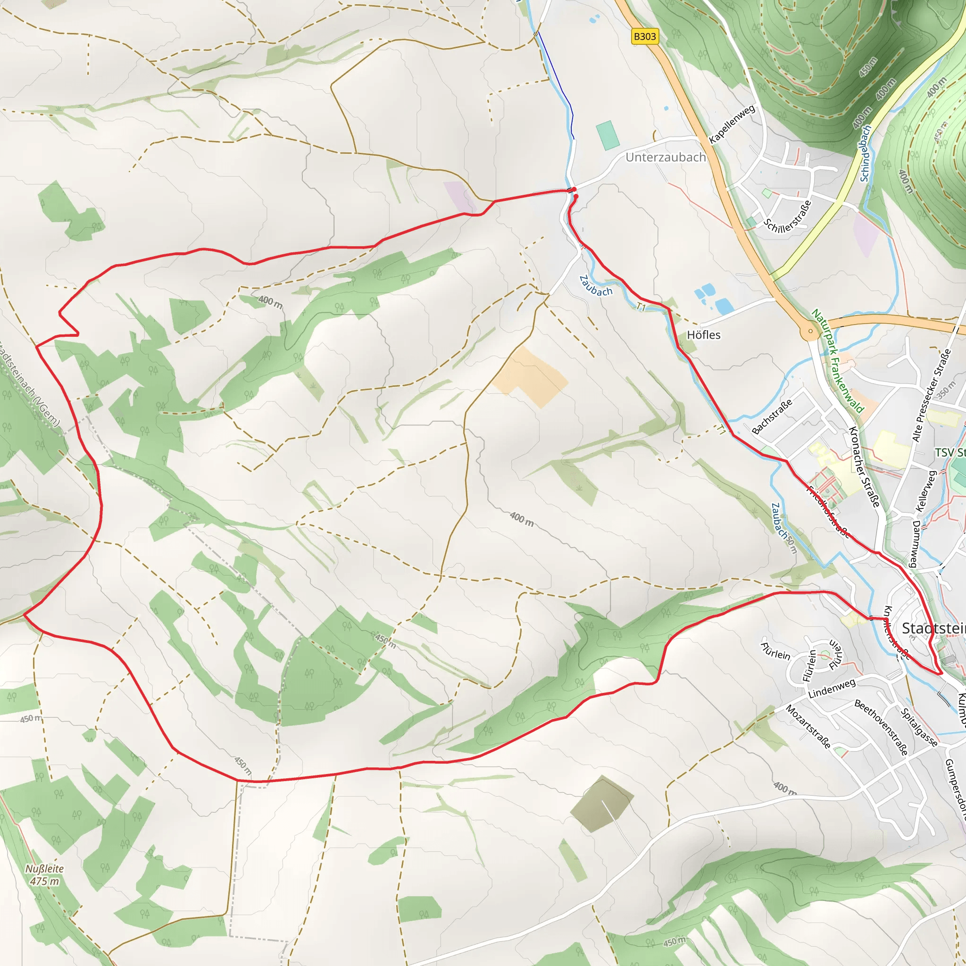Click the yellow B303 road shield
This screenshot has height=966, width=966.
point(644,36)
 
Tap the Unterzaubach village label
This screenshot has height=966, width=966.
point(666,158)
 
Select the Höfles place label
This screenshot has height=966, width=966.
point(703,335)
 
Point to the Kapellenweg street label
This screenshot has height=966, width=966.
point(732,124)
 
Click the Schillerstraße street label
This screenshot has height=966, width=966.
point(788,217)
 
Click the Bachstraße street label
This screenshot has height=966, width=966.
point(772,416)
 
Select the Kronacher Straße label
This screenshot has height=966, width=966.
point(864,467)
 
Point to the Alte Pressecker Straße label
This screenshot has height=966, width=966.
point(931,395)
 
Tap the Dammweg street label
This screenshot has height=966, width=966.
point(915,544)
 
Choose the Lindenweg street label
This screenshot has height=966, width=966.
point(832,689)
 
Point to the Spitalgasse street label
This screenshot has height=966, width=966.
point(919,728)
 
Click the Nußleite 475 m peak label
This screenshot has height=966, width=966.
point(44,875)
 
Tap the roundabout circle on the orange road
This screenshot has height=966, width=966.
point(810,331)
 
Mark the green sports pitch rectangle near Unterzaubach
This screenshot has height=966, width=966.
point(608,135)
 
